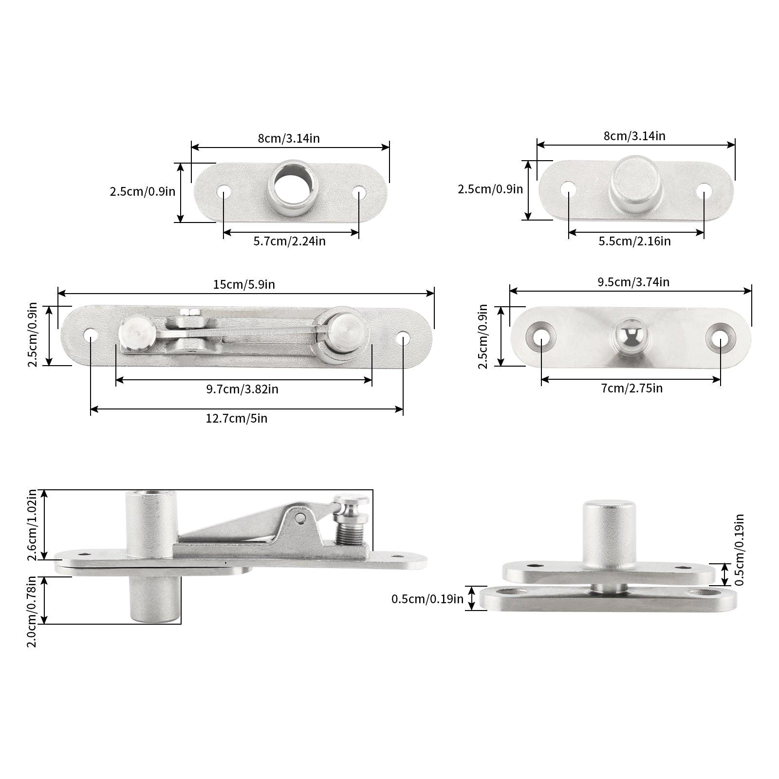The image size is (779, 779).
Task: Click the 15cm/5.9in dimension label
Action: (243, 284)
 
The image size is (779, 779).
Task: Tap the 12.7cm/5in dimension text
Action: (236, 418)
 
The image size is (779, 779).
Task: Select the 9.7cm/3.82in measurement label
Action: (242, 389)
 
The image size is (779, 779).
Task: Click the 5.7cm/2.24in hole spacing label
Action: (289, 241)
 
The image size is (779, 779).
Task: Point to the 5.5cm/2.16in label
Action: (634, 241)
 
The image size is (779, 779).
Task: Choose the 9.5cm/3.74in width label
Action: (632, 282)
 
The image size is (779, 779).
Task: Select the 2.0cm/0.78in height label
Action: (32, 611)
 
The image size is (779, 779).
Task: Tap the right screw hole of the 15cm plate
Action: (403, 337)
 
